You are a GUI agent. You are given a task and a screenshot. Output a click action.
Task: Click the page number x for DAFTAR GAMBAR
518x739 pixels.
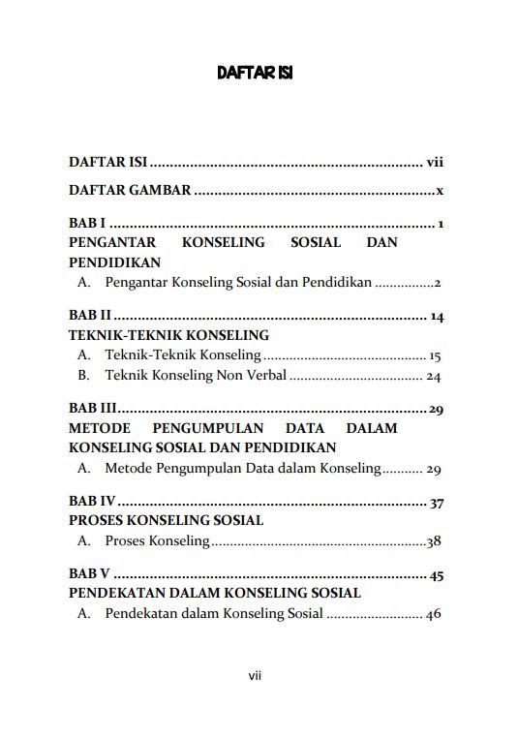(x=440, y=191)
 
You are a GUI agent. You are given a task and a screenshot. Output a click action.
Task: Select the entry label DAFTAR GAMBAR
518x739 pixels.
(x=130, y=191)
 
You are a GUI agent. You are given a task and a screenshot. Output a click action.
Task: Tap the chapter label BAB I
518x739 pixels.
(x=87, y=224)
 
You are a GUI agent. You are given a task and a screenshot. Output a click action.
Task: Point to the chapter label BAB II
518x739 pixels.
(x=90, y=317)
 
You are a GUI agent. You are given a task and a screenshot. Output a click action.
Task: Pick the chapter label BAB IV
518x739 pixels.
(x=92, y=502)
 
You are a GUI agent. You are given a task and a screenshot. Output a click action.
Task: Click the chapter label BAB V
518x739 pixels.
(x=90, y=575)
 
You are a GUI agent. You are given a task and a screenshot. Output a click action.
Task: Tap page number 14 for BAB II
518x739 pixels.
(x=436, y=317)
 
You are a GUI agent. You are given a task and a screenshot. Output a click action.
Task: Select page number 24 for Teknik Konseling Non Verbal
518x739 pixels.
(x=434, y=376)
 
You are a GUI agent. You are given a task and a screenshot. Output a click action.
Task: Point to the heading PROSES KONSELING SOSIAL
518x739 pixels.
(x=166, y=521)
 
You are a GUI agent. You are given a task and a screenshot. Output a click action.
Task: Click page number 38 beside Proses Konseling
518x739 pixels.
(x=434, y=540)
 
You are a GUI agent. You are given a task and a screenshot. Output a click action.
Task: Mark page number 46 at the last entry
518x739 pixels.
(x=434, y=614)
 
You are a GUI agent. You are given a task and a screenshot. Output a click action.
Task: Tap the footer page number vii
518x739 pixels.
(x=255, y=676)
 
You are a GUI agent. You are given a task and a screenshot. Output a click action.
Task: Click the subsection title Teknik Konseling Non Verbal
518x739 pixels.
(x=195, y=375)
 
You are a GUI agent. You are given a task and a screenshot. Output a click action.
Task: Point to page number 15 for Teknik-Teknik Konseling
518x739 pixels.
(x=435, y=355)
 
